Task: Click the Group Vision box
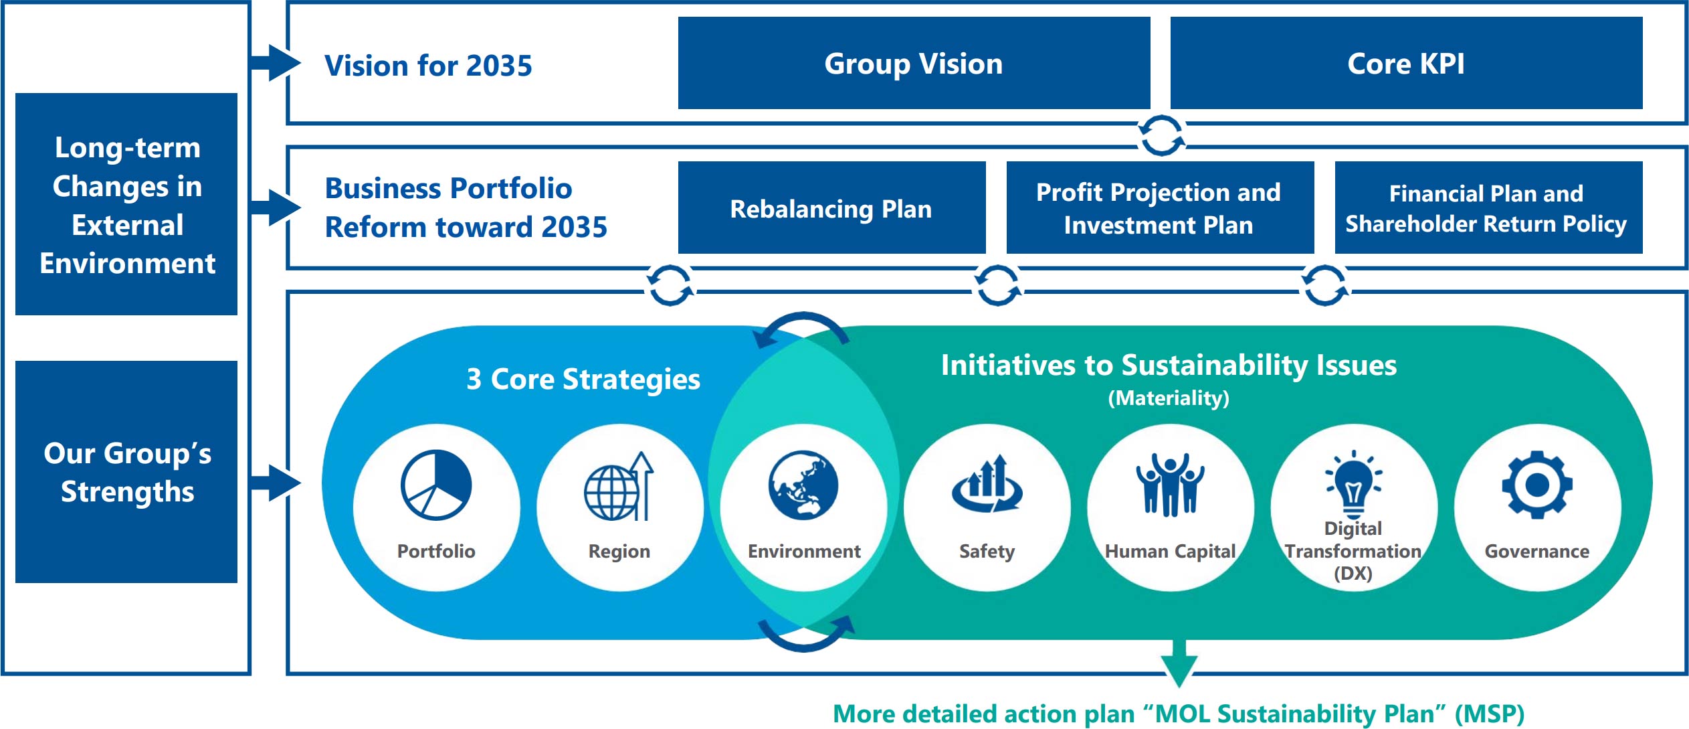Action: click(x=914, y=64)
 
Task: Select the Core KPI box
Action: click(x=1406, y=64)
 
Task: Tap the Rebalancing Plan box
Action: click(x=831, y=208)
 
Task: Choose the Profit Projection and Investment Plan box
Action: click(x=1159, y=208)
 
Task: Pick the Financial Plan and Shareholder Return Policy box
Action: click(x=1488, y=208)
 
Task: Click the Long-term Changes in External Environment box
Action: click(x=126, y=204)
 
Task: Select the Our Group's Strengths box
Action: click(x=126, y=472)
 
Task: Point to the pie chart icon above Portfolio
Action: click(x=436, y=485)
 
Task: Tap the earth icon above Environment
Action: click(x=803, y=485)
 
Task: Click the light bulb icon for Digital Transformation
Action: click(x=1354, y=483)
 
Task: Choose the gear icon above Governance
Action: click(x=1536, y=485)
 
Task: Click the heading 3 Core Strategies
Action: click(x=583, y=380)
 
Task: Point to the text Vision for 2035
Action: click(x=428, y=66)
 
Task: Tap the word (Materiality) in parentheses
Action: click(x=1169, y=398)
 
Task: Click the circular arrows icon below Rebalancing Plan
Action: click(x=670, y=285)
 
